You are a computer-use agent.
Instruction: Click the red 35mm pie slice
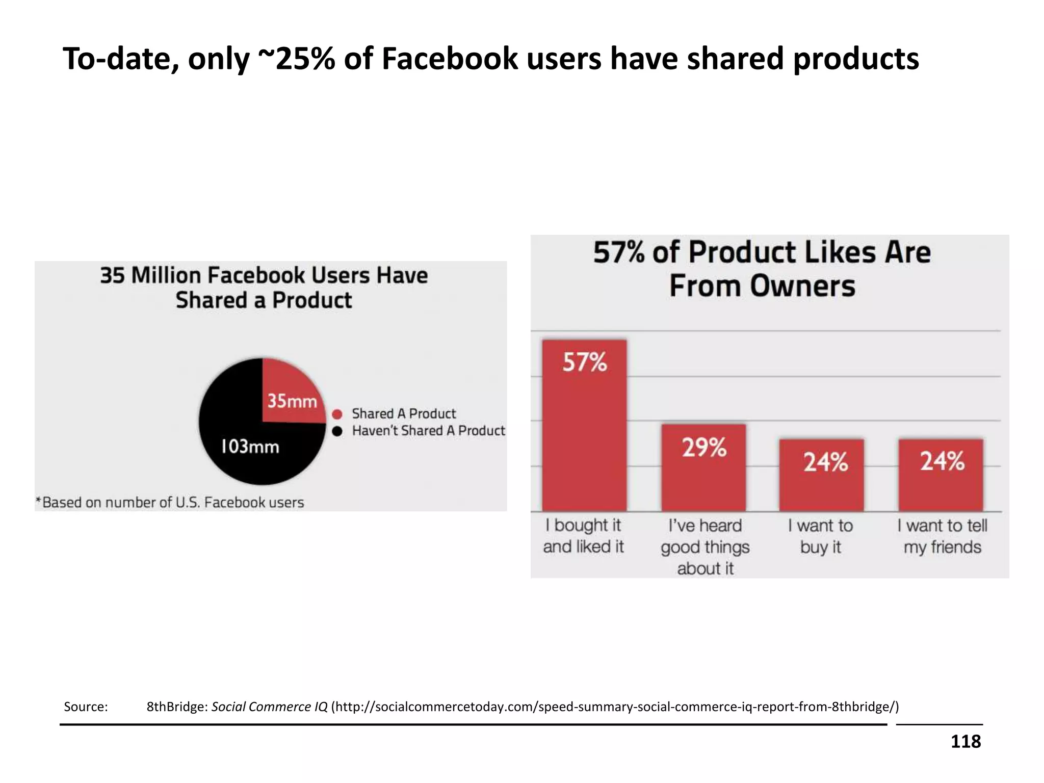[291, 395]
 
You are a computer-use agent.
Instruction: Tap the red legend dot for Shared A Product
[337, 414]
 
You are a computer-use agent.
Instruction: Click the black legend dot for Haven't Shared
[337, 431]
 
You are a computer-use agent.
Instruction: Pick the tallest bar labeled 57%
[584, 426]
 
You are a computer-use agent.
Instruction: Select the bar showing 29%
[703, 468]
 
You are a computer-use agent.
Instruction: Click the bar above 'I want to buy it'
[821, 475]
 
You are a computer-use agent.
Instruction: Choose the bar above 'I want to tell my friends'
[941, 475]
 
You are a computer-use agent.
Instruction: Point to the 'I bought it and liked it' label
[583, 536]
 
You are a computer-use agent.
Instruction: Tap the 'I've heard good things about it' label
[705, 547]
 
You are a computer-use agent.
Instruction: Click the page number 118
[965, 742]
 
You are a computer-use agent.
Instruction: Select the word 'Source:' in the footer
[86, 707]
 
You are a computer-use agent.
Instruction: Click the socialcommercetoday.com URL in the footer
[615, 707]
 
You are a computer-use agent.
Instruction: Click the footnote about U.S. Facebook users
[170, 503]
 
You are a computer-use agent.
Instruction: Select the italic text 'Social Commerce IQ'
[269, 707]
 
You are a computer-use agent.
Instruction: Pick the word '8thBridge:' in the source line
[177, 707]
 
